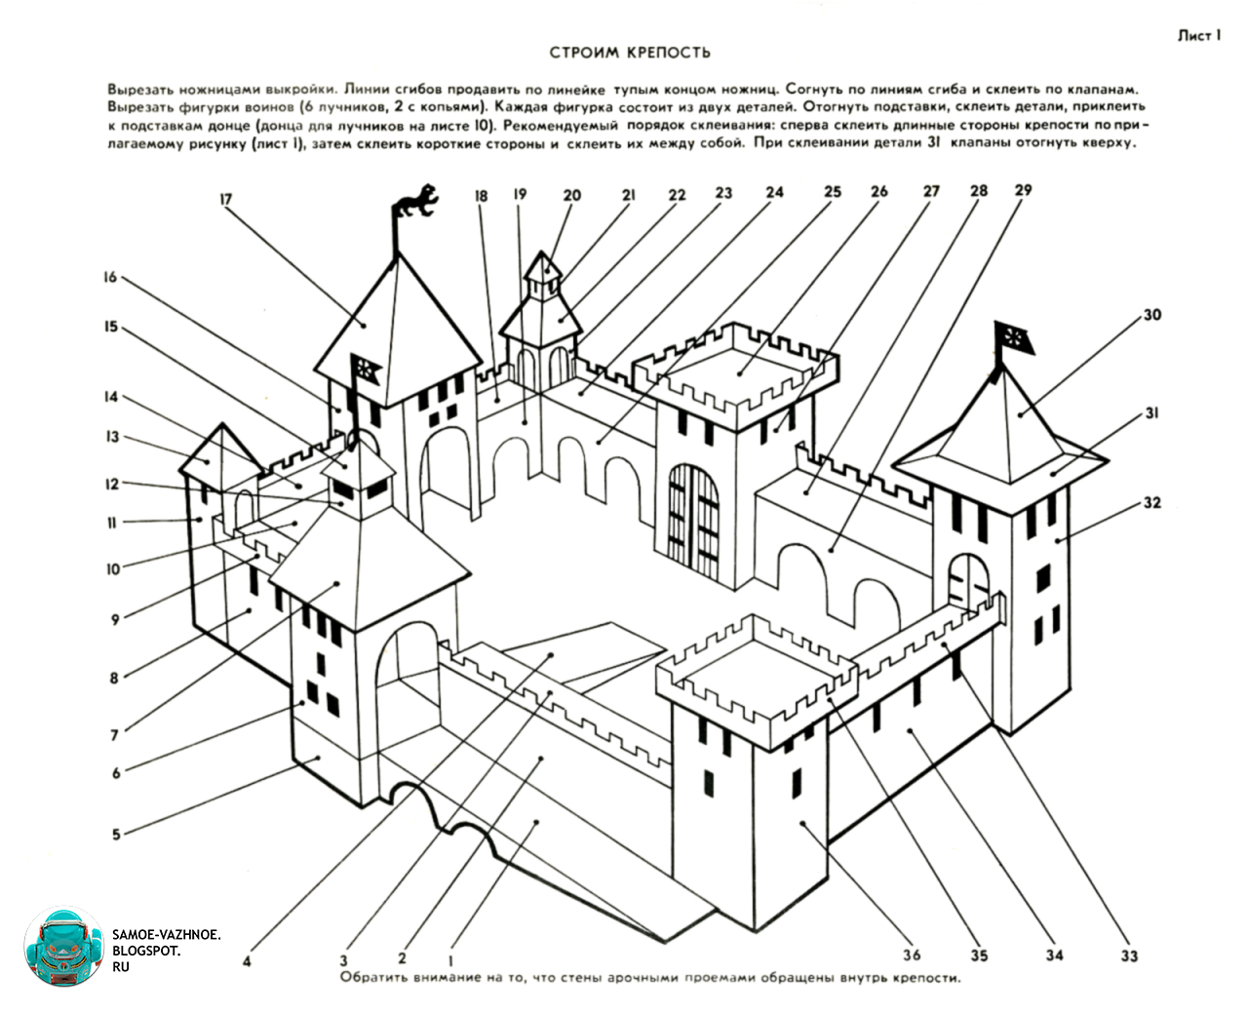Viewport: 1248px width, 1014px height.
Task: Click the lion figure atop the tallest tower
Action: click(x=416, y=200)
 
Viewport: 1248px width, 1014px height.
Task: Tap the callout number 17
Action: click(x=226, y=200)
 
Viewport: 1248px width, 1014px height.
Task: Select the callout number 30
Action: click(x=1151, y=315)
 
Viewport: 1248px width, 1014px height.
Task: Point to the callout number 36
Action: click(x=912, y=955)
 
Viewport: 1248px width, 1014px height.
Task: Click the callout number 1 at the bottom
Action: click(x=450, y=960)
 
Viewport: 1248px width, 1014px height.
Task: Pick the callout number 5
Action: click(x=116, y=835)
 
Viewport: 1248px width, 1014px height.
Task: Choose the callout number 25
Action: click(x=832, y=191)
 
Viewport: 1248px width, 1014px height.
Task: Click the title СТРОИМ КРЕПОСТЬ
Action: click(x=630, y=53)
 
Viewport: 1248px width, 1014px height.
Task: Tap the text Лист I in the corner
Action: click(x=1199, y=36)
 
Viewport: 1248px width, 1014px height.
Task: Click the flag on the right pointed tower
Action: click(x=1013, y=338)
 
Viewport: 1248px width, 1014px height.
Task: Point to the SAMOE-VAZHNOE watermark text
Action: click(x=167, y=951)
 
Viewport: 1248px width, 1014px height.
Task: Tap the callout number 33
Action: click(x=1129, y=956)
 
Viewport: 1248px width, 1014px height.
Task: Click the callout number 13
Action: click(x=112, y=437)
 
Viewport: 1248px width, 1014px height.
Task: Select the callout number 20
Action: click(x=571, y=195)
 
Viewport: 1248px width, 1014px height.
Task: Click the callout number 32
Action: click(x=1151, y=502)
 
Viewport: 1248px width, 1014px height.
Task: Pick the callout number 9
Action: click(x=115, y=620)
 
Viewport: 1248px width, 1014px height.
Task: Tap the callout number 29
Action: click(x=1023, y=190)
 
